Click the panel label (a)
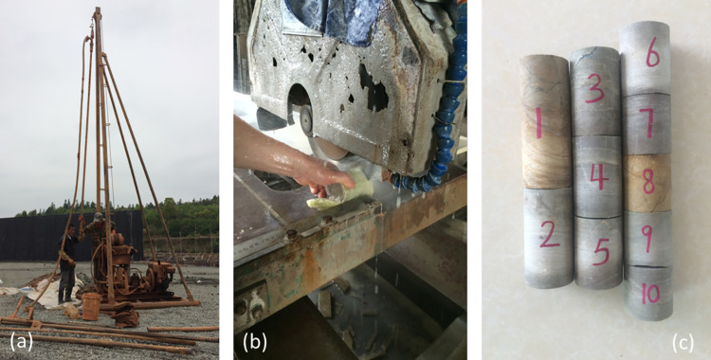pyautogui.click(x=22, y=342)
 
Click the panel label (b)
pyautogui.click(x=255, y=342)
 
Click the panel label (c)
pyautogui.click(x=683, y=343)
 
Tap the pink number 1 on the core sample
pyautogui.click(x=538, y=122)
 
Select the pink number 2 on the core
pyautogui.click(x=550, y=237)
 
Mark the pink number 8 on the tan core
pyautogui.click(x=648, y=181)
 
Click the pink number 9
pyautogui.click(x=648, y=238)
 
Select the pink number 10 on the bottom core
pyautogui.click(x=650, y=295)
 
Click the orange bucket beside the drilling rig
pyautogui.click(x=91, y=306)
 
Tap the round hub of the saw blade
pyautogui.click(x=306, y=120)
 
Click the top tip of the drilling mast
pyautogui.click(x=98, y=9)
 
